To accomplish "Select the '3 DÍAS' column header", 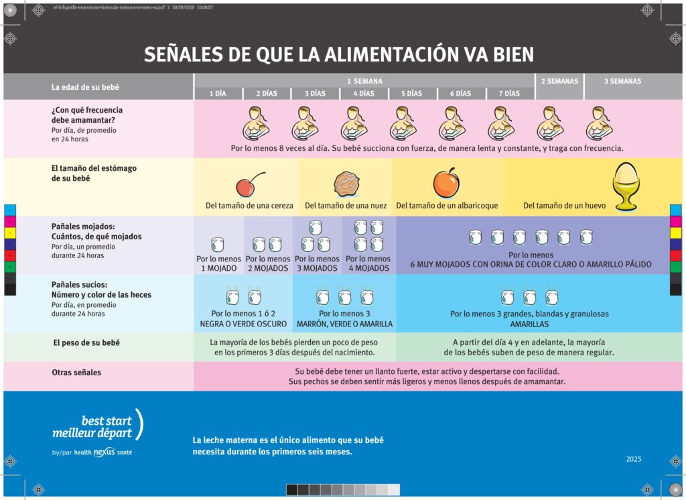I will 316,94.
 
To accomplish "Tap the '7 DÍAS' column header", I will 510,94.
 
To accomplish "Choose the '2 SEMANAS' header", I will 559,81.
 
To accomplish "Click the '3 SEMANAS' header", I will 622,81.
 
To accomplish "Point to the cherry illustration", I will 247,186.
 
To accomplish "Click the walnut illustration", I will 346,184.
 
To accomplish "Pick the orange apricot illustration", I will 445,183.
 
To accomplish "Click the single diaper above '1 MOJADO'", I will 218,244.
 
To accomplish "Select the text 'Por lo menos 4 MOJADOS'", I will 368,263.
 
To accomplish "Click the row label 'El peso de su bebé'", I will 86,342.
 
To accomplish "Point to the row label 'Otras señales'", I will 76,372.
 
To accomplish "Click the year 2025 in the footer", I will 634,459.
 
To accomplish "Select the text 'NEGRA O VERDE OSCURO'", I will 243,324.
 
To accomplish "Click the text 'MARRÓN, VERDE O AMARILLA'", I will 344,324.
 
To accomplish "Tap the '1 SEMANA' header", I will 364,81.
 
